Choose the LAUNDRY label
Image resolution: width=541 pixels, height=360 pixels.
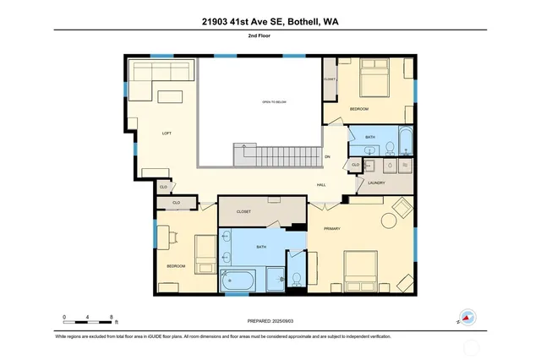[376, 183]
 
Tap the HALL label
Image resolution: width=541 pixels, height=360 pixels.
[320, 185]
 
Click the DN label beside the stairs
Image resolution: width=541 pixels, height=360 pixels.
[327, 156]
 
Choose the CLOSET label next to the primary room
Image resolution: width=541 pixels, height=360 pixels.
[243, 212]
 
